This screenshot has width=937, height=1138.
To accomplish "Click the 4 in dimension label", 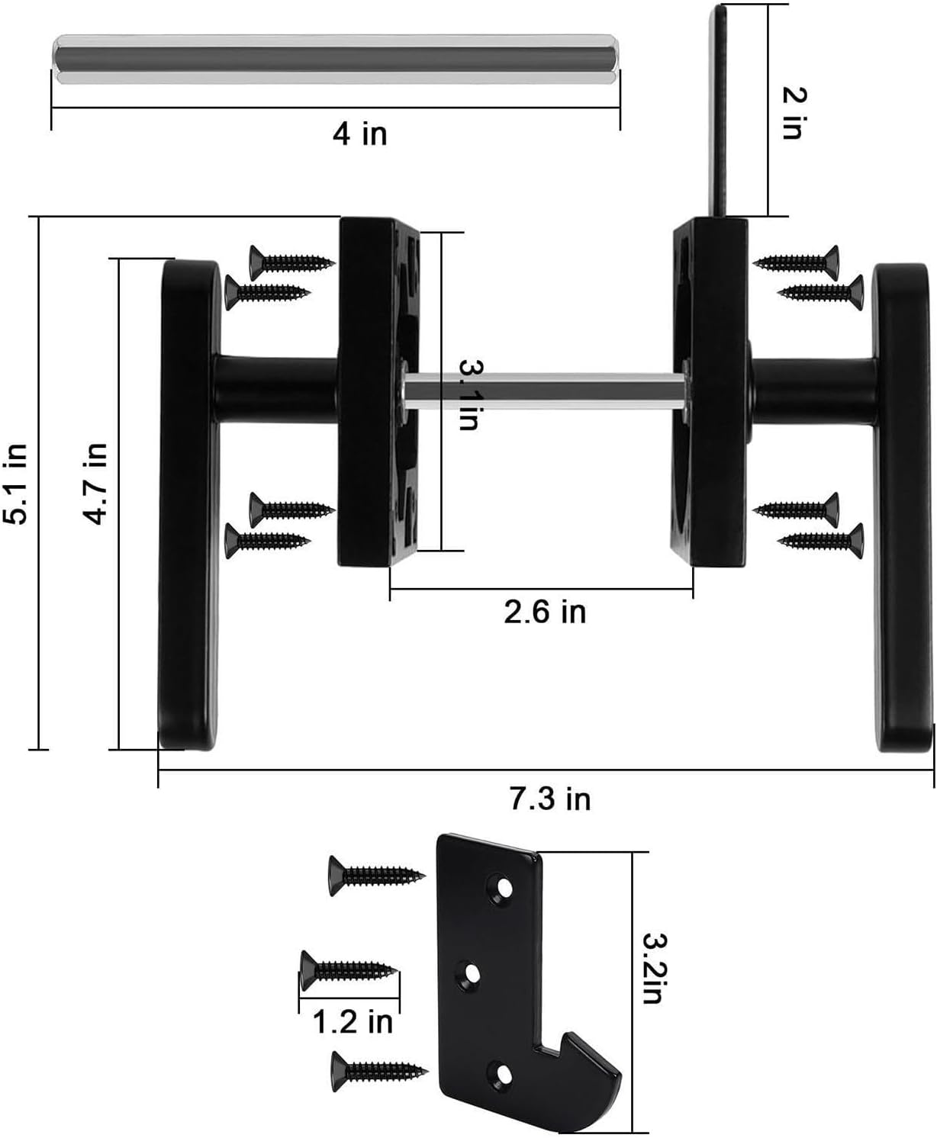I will click(359, 134).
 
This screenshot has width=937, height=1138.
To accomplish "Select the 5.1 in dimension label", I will click(17, 484).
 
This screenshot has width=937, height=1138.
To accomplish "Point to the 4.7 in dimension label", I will click(96, 484).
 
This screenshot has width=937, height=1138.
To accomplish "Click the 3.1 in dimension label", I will click(468, 394).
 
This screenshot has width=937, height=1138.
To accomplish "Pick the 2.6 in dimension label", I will click(544, 612).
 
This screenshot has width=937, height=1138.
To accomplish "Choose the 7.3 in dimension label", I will click(549, 799).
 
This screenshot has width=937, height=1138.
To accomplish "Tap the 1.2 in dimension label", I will click(353, 1021).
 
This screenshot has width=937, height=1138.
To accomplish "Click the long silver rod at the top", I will click(336, 59).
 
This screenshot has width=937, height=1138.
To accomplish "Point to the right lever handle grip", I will click(902, 534).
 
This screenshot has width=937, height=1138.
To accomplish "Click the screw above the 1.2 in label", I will click(349, 970).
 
